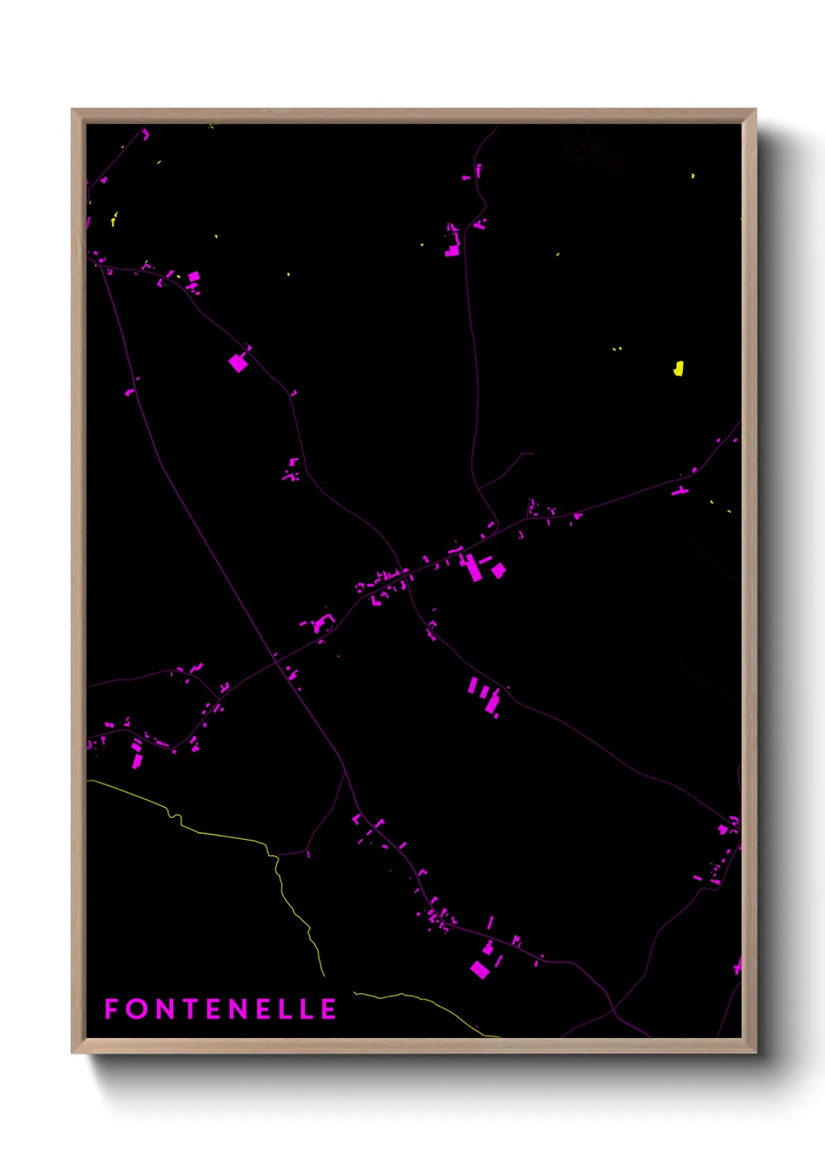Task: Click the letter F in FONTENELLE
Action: tap(112, 1009)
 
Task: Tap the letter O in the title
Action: tap(137, 1009)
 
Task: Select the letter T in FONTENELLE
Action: tap(191, 1009)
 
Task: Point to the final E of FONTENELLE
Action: tap(329, 1009)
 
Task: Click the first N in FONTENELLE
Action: tap(165, 1009)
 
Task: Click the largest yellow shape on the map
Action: tap(678, 368)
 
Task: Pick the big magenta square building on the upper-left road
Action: tap(238, 363)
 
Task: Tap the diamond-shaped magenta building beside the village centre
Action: tap(498, 570)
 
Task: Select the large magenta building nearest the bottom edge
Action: tap(480, 970)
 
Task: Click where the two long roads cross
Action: tap(275, 659)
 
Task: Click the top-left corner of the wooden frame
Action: tap(73, 110)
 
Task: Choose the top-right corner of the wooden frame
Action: tap(755, 110)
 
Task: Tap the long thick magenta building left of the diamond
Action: tap(472, 567)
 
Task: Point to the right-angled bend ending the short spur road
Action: tap(522, 453)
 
